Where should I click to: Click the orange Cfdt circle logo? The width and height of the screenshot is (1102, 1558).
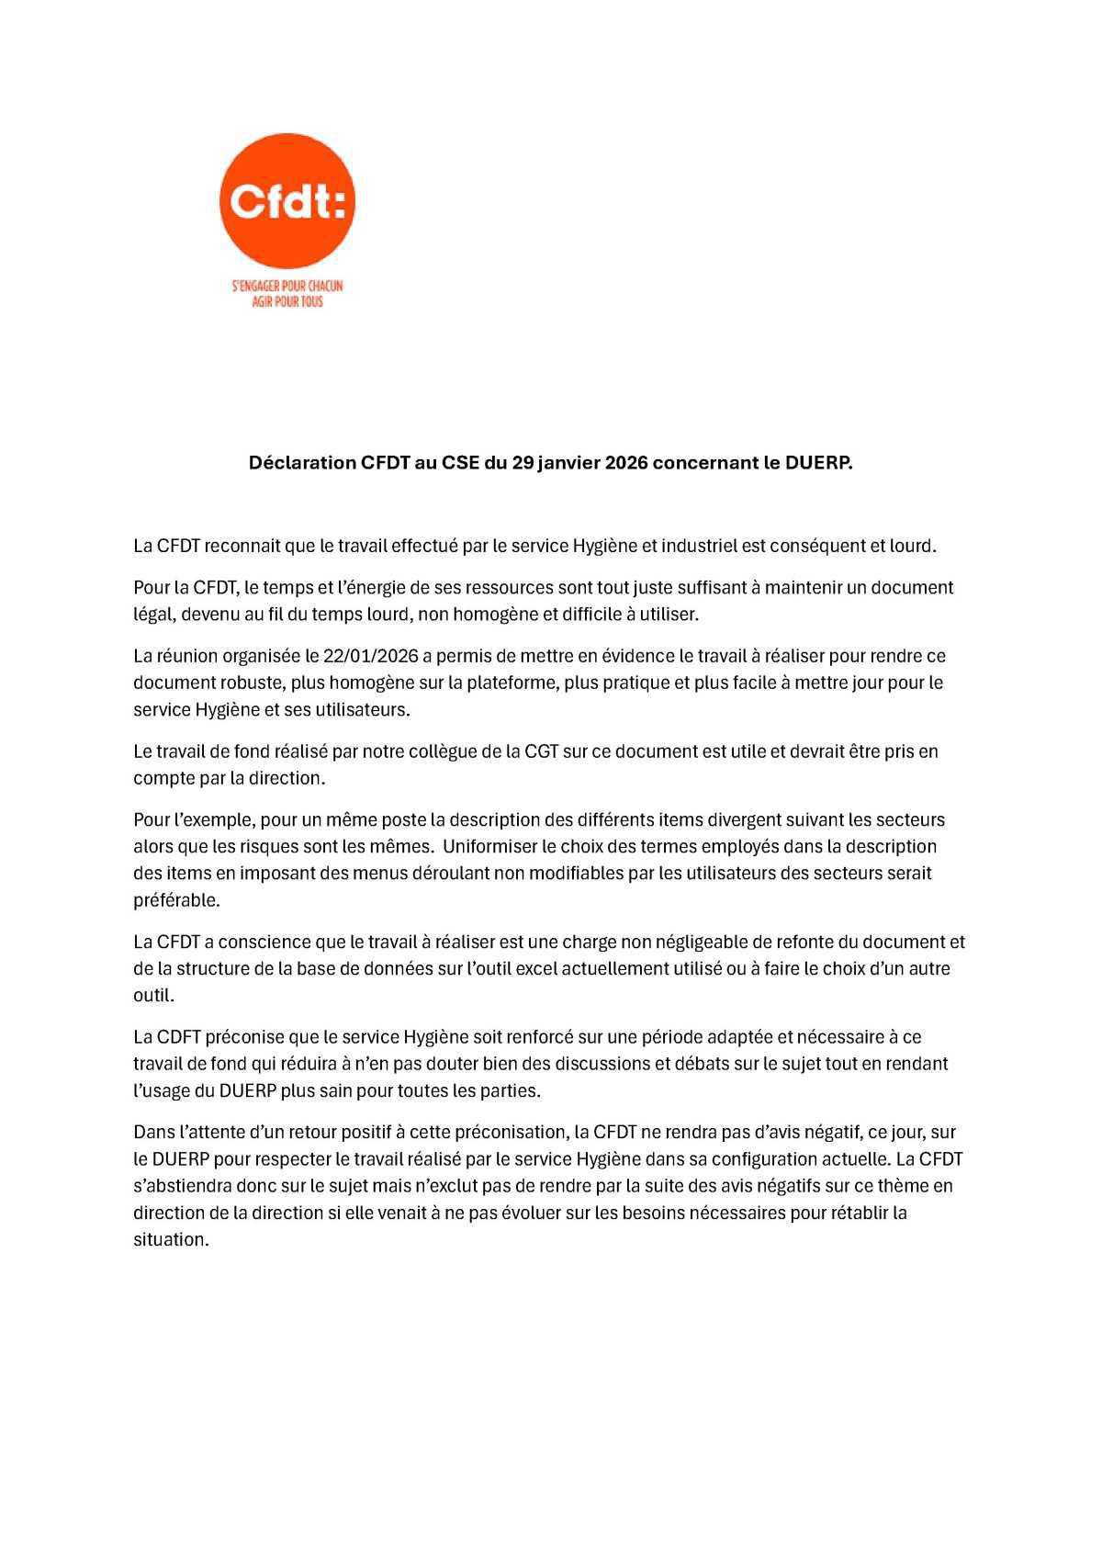click(x=287, y=201)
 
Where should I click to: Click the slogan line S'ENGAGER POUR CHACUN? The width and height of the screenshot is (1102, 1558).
click(x=287, y=287)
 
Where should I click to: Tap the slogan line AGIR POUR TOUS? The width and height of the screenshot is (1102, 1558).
click(x=287, y=301)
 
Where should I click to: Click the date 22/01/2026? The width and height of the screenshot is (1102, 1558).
click(x=372, y=656)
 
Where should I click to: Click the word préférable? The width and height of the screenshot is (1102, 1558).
click(x=176, y=900)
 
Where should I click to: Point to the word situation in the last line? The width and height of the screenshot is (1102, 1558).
click(x=170, y=1239)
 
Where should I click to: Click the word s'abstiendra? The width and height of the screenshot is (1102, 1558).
click(x=179, y=1186)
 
